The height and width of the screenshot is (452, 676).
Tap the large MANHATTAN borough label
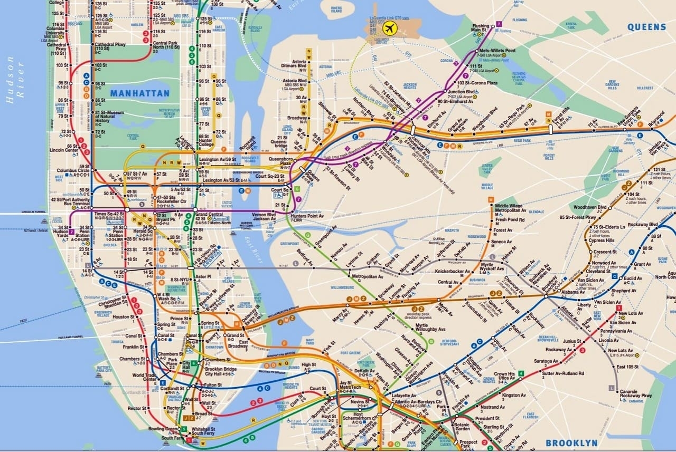140,93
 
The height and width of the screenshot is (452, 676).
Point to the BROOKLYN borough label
571,443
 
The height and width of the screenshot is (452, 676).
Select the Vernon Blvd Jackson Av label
264,217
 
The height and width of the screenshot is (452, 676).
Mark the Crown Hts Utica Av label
504,377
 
